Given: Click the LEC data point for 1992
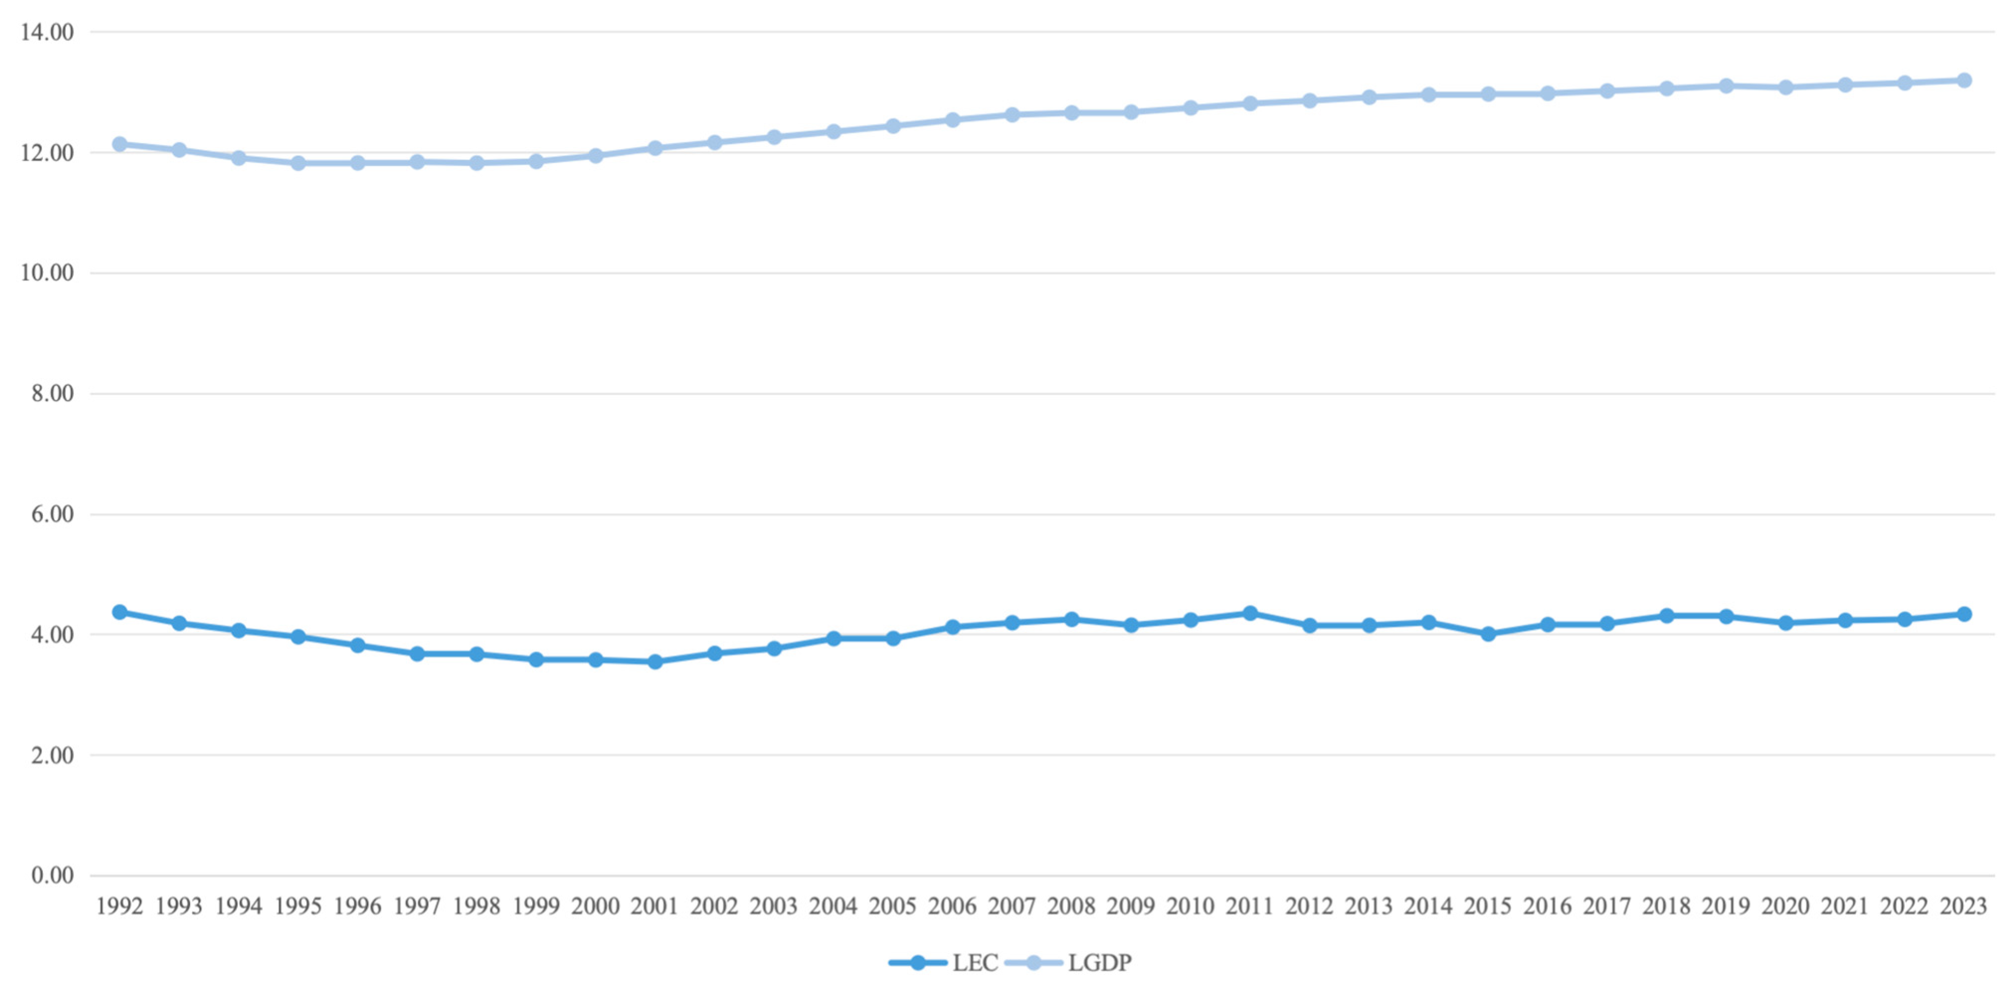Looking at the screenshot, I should [x=120, y=612].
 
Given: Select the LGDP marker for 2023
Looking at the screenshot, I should [x=1964, y=81].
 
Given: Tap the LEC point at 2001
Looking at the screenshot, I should [x=655, y=662].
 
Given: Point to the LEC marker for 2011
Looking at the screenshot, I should [x=1250, y=613].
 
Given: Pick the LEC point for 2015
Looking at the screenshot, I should [x=1488, y=634].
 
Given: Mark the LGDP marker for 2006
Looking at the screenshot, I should [x=952, y=120].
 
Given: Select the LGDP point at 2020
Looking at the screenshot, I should [x=1785, y=87].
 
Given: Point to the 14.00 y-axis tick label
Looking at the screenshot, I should [x=47, y=32].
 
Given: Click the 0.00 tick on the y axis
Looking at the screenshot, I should [x=52, y=876].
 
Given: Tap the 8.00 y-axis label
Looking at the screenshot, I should [x=52, y=394].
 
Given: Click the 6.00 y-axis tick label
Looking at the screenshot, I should [x=52, y=514].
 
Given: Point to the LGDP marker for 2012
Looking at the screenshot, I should [x=1309, y=100].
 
